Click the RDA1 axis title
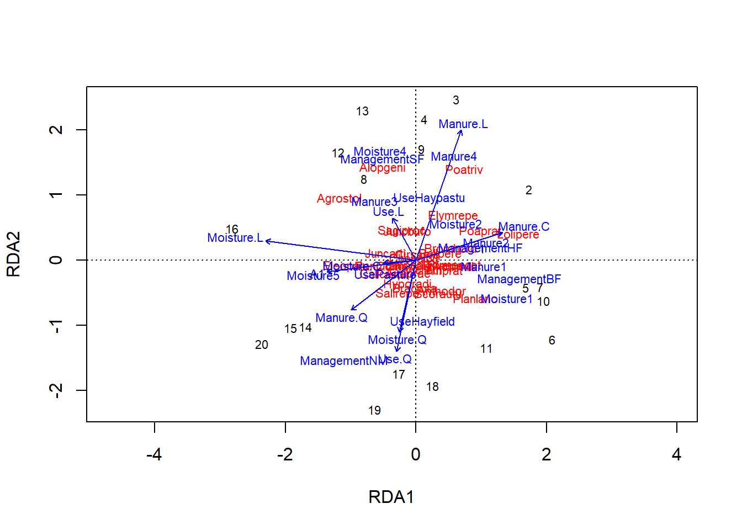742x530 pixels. [x=391, y=497]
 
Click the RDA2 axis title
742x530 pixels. [x=13, y=254]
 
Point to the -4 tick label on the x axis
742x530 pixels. [x=154, y=454]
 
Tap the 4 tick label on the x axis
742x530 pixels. [x=676, y=454]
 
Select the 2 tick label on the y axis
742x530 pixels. [x=56, y=130]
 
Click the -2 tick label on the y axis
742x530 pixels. [x=56, y=390]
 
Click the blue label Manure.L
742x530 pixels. [x=463, y=124]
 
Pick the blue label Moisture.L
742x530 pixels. [x=235, y=238]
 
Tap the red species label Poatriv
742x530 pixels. [x=464, y=170]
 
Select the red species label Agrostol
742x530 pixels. [x=338, y=199]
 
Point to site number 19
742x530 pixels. [x=374, y=411]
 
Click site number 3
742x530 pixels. [x=455, y=100]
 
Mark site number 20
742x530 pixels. [x=262, y=345]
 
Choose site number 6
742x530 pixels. [x=552, y=341]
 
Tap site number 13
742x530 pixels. [x=362, y=112]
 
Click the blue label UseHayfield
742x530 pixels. [x=422, y=322]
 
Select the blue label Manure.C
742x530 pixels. [x=523, y=227]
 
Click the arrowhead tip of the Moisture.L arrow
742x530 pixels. [x=266, y=241]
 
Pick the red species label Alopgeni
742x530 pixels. [x=382, y=168]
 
